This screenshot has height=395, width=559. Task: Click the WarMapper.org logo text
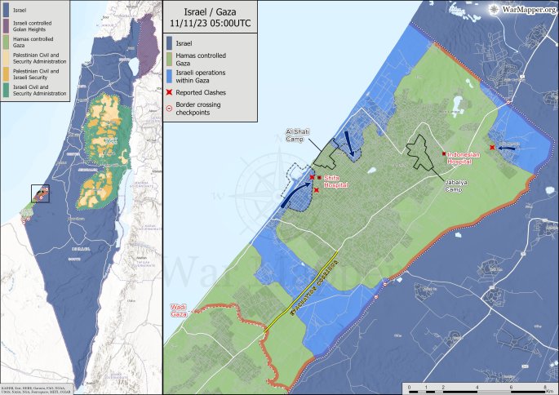coord(526,10)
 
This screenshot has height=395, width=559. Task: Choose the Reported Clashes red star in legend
coord(171,92)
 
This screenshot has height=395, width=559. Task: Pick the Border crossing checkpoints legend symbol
coord(171,106)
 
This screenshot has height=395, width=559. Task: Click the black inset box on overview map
coord(40,194)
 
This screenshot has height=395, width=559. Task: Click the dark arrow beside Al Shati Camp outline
coord(351,143)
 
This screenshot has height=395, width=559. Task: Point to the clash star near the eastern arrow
coord(492,147)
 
